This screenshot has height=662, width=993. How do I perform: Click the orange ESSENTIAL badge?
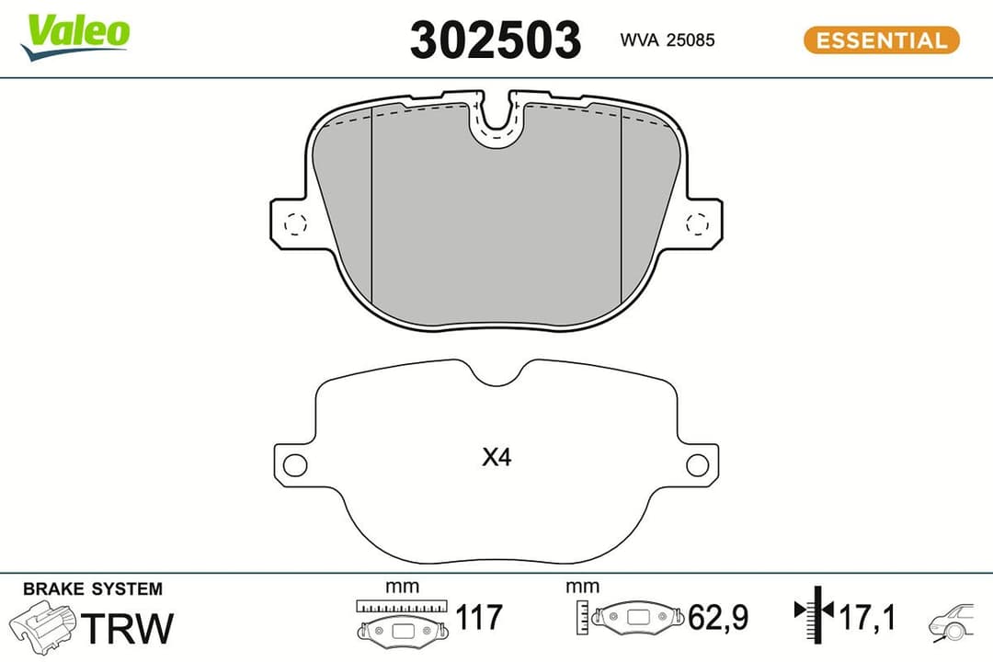click(881, 40)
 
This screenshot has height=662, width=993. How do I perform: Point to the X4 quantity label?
click(496, 457)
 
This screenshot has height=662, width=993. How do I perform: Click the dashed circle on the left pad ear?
click(295, 223)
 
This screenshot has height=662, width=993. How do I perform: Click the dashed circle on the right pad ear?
click(698, 223)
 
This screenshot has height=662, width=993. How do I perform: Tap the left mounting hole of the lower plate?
click(294, 465)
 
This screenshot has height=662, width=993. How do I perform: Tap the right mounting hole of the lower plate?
click(698, 465)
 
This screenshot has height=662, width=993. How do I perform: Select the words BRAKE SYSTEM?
click(92, 588)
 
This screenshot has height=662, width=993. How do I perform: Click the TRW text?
click(128, 628)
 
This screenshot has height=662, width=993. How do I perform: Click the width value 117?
click(480, 617)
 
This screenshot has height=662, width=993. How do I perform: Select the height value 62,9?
click(720, 617)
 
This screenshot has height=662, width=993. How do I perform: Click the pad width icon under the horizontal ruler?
click(403, 630)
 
